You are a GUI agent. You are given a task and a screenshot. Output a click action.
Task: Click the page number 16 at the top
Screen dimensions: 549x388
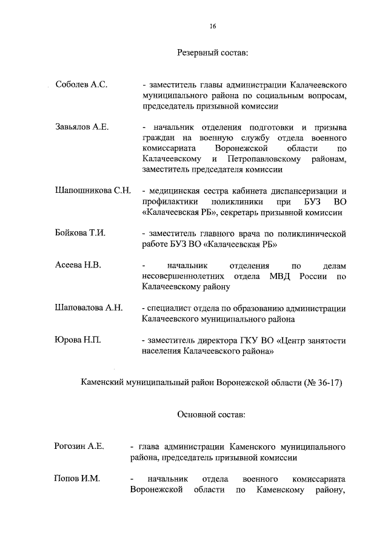[x=213, y=26]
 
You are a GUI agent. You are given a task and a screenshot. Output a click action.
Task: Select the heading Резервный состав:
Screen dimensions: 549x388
[x=212, y=53]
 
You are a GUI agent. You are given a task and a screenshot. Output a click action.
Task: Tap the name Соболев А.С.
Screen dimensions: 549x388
[x=81, y=85]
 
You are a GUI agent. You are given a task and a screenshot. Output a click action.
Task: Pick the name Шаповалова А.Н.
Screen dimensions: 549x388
[x=89, y=308]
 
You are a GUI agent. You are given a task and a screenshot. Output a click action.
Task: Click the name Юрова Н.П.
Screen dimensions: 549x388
[x=78, y=340]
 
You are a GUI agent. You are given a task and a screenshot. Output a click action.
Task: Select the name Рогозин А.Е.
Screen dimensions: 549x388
[x=79, y=446]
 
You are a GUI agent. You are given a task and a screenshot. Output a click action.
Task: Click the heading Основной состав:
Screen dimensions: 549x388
[x=212, y=414]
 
